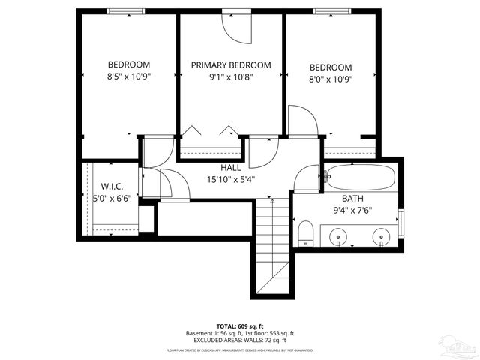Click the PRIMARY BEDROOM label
point(230,65)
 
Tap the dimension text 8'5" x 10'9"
point(128,77)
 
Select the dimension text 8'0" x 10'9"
point(330,78)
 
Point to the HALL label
point(230,167)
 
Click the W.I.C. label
point(112,186)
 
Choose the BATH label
point(352,198)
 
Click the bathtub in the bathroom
point(360,178)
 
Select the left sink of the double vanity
point(340,237)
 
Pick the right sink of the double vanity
point(382,237)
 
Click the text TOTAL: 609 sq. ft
point(239,326)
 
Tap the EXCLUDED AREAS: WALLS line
point(239,340)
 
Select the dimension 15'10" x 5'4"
point(230,178)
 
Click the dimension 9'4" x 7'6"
point(352,210)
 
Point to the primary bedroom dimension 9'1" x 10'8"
point(230,77)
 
